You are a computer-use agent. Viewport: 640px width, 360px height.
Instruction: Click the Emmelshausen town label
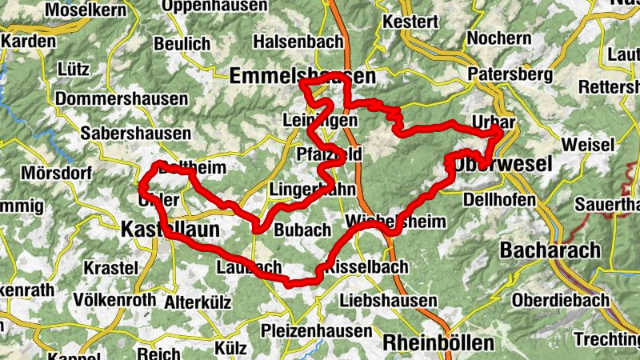pyautogui.click(x=302, y=77)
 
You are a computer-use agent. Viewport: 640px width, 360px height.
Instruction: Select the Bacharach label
pyautogui.click(x=550, y=250)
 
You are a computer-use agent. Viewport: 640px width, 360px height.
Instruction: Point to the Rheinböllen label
pyautogui.click(x=438, y=342)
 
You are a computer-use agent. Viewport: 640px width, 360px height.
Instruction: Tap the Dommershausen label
pyautogui.click(x=122, y=100)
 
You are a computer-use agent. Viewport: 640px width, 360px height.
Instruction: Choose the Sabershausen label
pyautogui.click(x=136, y=134)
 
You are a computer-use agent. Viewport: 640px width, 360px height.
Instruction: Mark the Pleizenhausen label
pyautogui.click(x=317, y=330)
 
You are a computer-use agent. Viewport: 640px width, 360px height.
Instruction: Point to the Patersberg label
pyautogui.click(x=510, y=74)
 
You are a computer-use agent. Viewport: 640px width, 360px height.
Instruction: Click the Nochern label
pyautogui.click(x=498, y=38)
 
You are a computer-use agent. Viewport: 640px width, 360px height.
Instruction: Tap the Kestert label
pyautogui.click(x=410, y=21)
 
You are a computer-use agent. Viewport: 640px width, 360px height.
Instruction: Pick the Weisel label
pyautogui.click(x=588, y=145)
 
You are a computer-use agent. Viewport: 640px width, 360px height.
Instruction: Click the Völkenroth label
pyautogui.click(x=114, y=300)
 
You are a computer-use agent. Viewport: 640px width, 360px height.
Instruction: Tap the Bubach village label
pyautogui.click(x=302, y=230)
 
